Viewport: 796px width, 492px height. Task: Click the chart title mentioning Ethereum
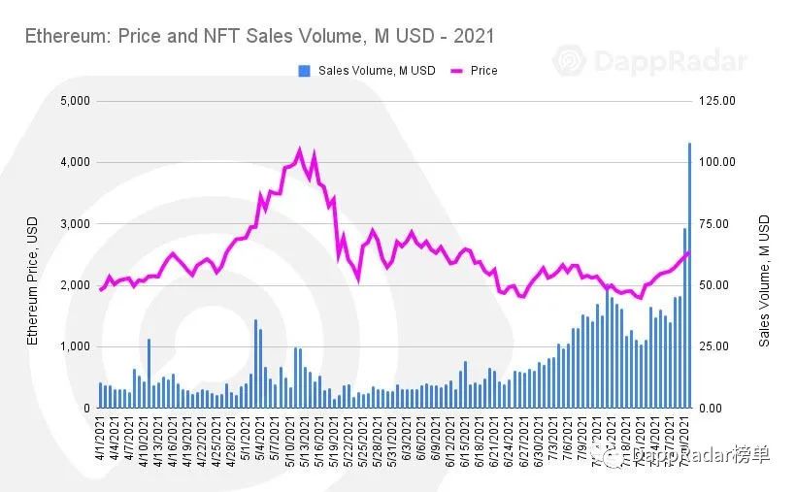[x=259, y=37]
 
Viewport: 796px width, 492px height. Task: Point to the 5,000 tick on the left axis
[x=75, y=100]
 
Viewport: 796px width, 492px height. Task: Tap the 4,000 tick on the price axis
[x=75, y=162]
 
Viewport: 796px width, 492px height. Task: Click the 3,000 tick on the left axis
[x=75, y=223]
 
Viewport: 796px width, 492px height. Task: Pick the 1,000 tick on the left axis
[x=75, y=346]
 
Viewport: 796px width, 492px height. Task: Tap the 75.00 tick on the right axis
[x=718, y=223]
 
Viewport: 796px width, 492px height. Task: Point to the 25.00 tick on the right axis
[x=718, y=346]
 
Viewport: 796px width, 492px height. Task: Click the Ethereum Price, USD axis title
[x=33, y=281]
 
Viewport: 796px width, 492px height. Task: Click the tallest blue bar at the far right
[x=689, y=277]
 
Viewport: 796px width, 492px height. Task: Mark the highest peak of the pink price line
[x=299, y=150]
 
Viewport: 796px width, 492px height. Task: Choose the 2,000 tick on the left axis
[x=75, y=285]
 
